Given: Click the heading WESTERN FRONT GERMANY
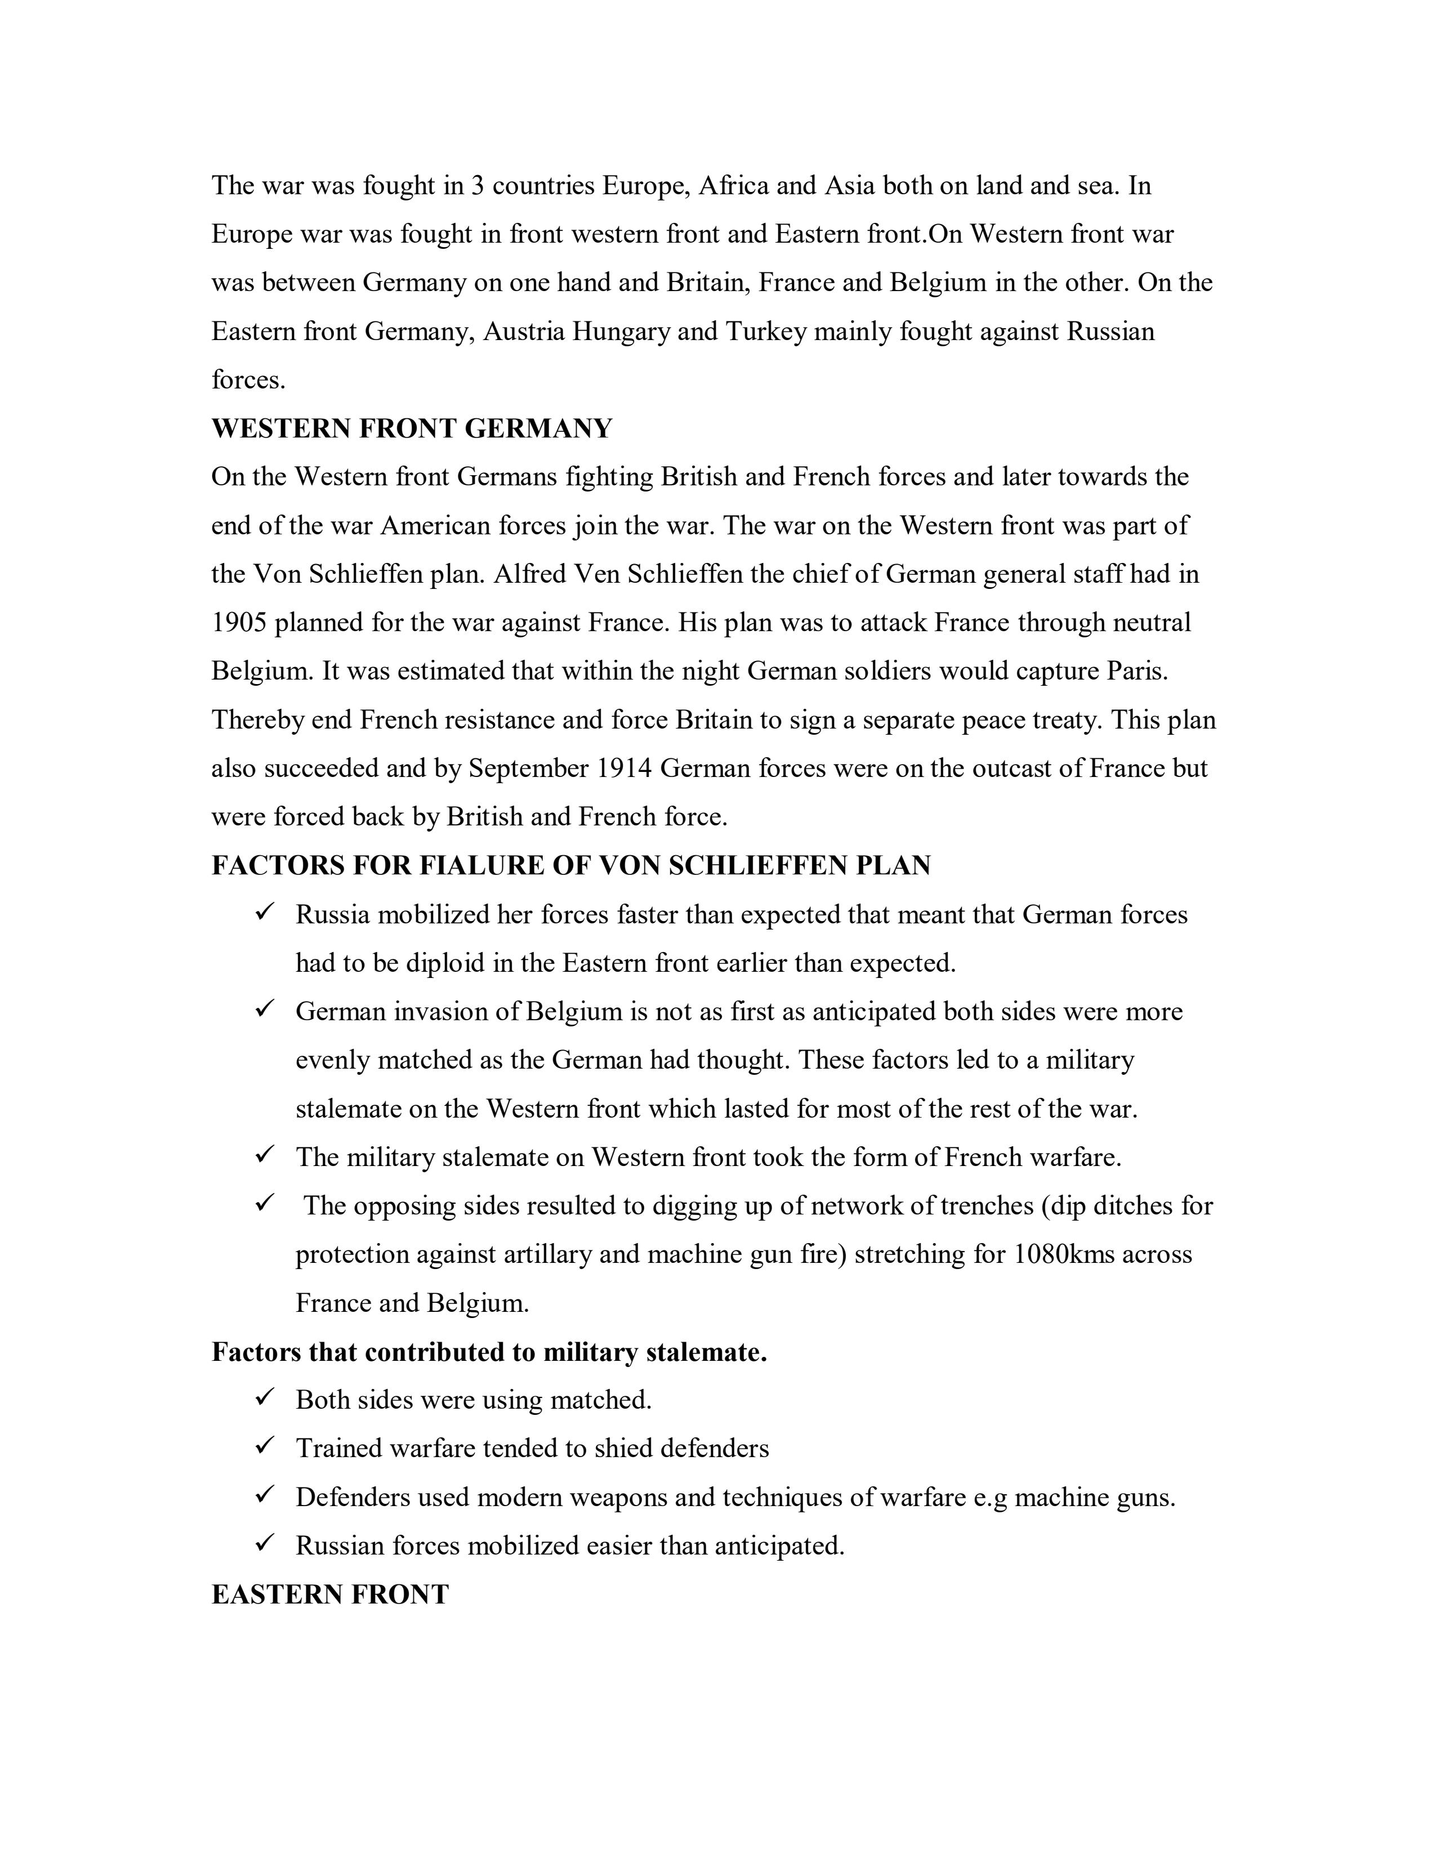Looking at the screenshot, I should pyautogui.click(x=411, y=428).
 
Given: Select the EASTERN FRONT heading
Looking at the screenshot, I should pyautogui.click(x=330, y=1595).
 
